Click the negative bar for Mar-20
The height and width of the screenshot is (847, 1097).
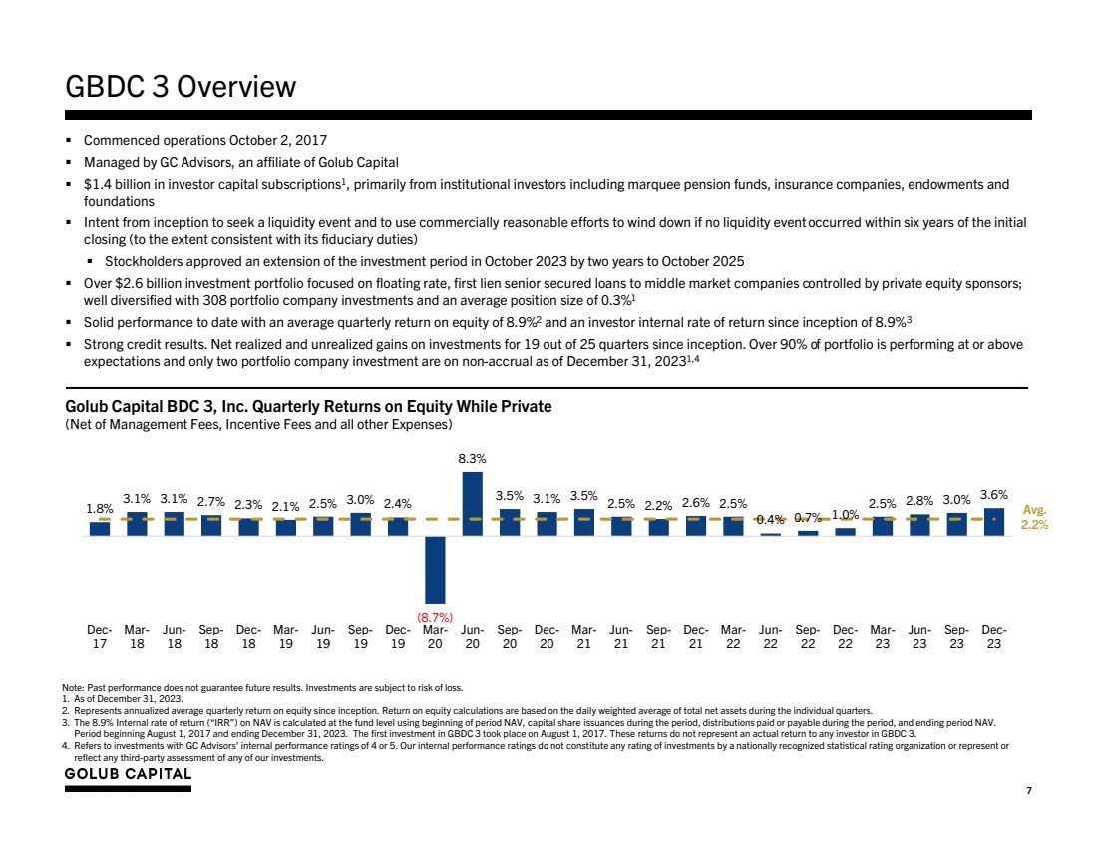[435, 569]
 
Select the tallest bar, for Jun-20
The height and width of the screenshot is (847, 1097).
[472, 503]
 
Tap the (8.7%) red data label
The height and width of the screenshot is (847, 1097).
[435, 618]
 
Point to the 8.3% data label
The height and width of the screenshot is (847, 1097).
[472, 458]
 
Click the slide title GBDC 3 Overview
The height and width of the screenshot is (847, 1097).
[181, 87]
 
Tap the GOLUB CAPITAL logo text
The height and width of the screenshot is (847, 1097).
[128, 775]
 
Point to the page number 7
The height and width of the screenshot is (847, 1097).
[1028, 790]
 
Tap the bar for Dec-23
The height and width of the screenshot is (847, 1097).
[993, 522]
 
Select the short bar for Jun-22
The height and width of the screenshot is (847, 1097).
[770, 534]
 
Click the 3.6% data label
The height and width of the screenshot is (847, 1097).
[993, 494]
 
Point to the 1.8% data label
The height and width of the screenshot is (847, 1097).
[100, 508]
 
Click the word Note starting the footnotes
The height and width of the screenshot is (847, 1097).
[73, 688]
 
